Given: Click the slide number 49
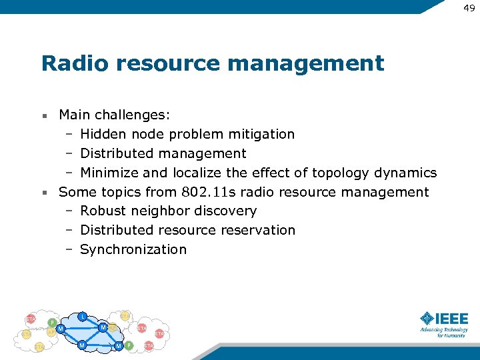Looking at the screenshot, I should pos(469,7).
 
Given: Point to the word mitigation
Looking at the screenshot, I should pos(263,134).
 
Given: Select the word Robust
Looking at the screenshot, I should pos(101,211).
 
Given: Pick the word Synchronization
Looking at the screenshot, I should pos(133,249).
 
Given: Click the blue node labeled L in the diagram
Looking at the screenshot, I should pos(81,316).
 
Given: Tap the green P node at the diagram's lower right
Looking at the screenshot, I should pos(129,345).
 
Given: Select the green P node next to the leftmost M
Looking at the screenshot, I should pos(52,323).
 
